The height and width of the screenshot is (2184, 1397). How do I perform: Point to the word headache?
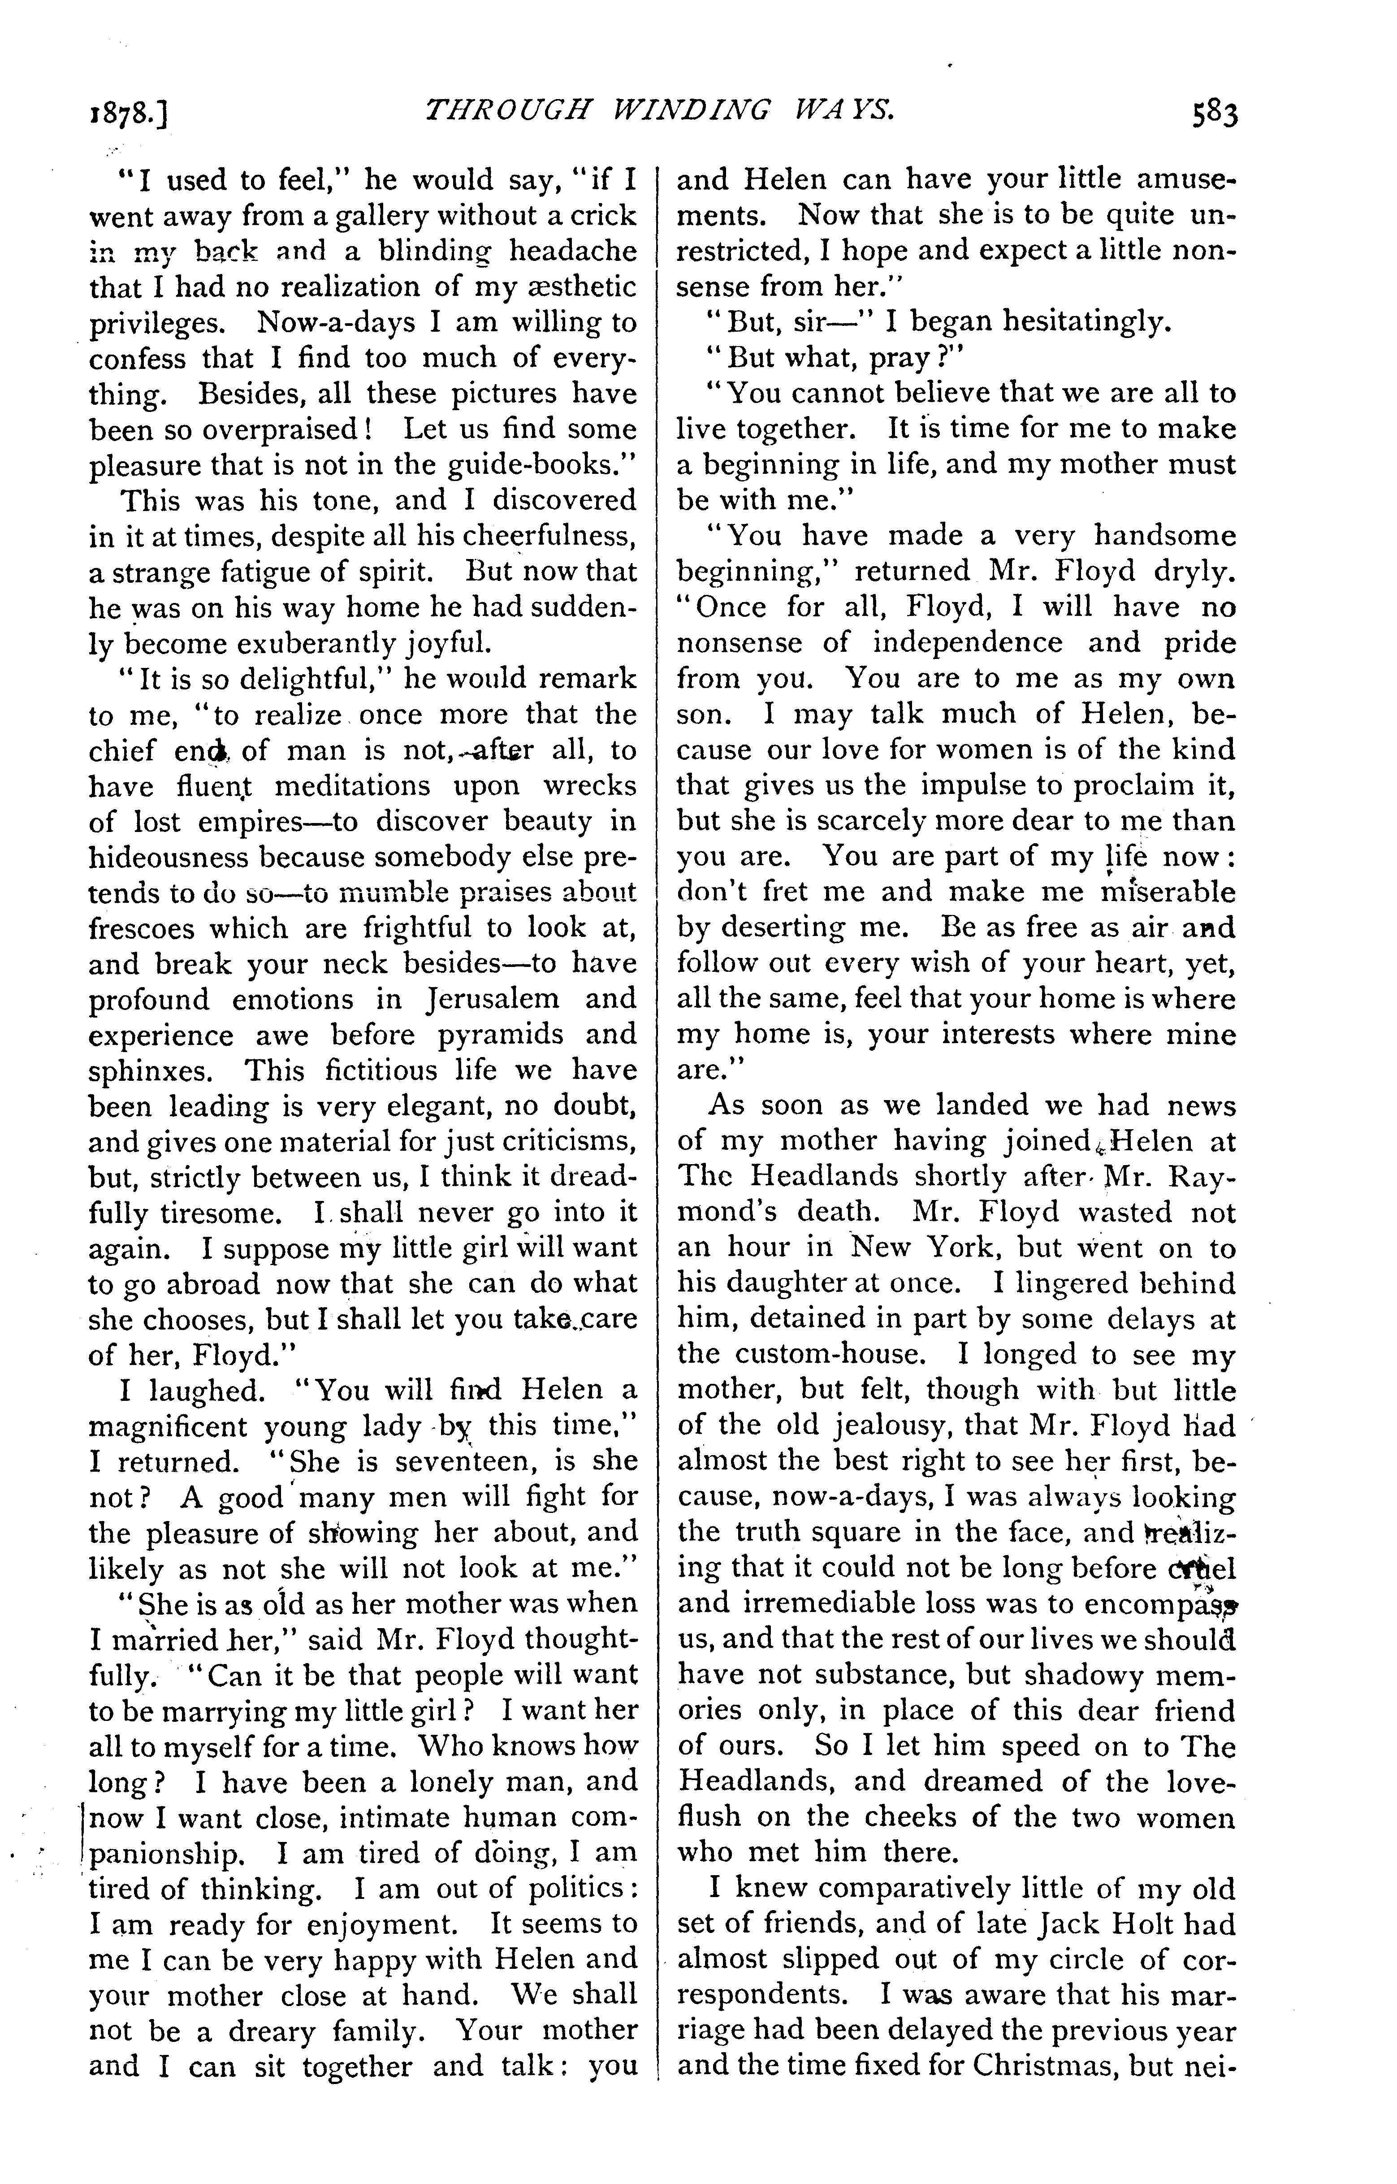572,251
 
